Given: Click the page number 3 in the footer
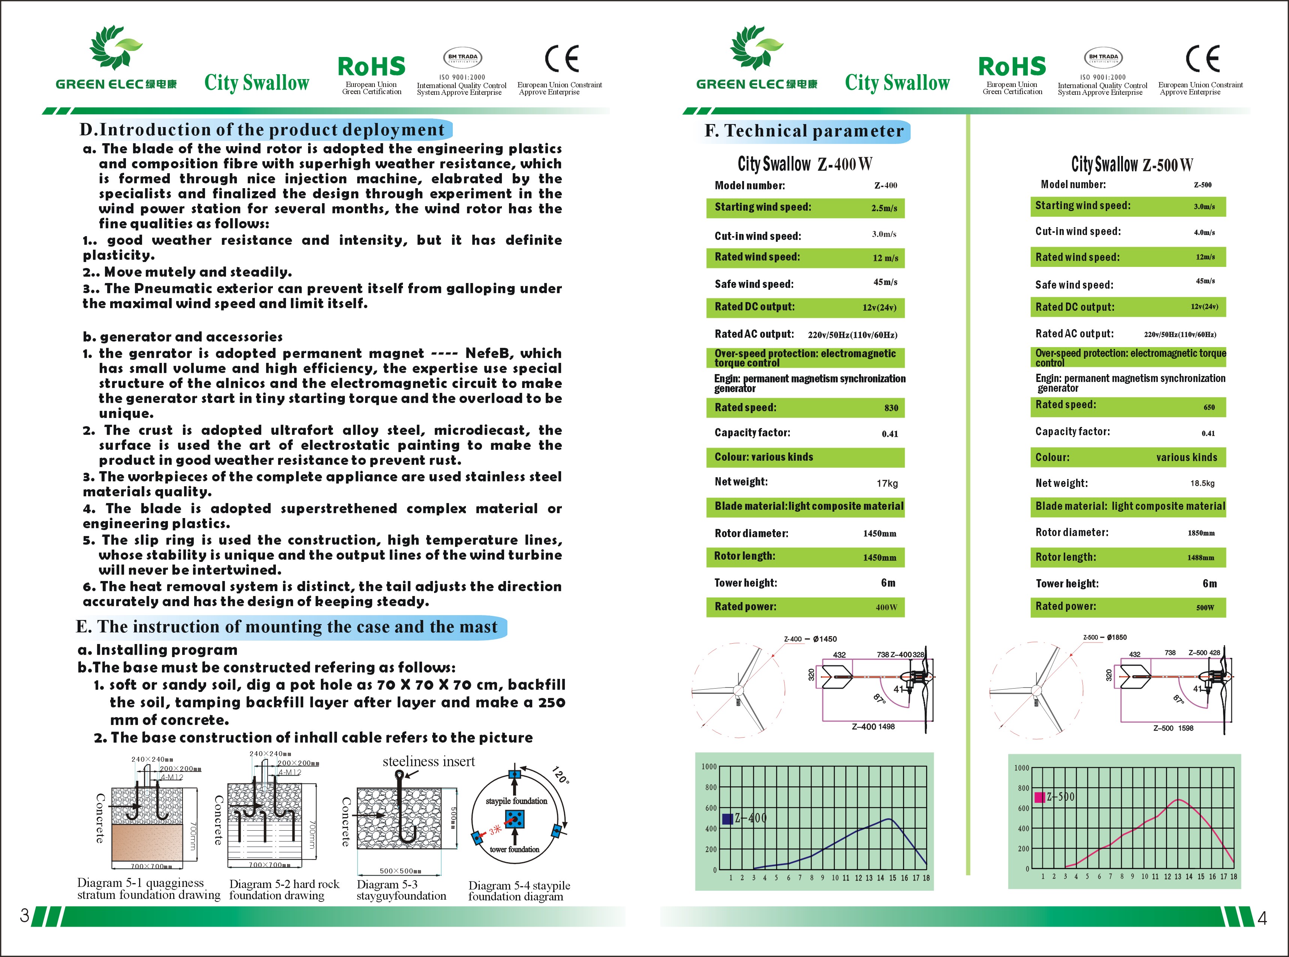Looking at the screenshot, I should (24, 915).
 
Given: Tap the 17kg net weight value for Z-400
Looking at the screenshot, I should (887, 483).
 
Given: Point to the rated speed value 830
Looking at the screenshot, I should (891, 408).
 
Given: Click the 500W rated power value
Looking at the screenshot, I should (1205, 608).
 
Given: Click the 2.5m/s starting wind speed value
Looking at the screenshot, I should (884, 208).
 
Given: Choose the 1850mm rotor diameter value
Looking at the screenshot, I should (1201, 533).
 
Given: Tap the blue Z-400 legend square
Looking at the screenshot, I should (728, 819).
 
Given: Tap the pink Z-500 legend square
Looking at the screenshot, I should (1040, 797).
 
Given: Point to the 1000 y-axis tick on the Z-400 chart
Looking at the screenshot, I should (709, 767).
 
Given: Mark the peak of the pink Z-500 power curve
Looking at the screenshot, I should (1178, 800).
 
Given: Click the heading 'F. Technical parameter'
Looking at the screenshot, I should (804, 131).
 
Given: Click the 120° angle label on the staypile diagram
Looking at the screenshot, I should (560, 775).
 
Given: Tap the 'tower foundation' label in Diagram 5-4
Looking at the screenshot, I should (515, 849).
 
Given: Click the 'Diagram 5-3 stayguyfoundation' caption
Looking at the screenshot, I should (401, 890).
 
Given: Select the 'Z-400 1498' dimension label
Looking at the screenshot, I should (873, 726).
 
